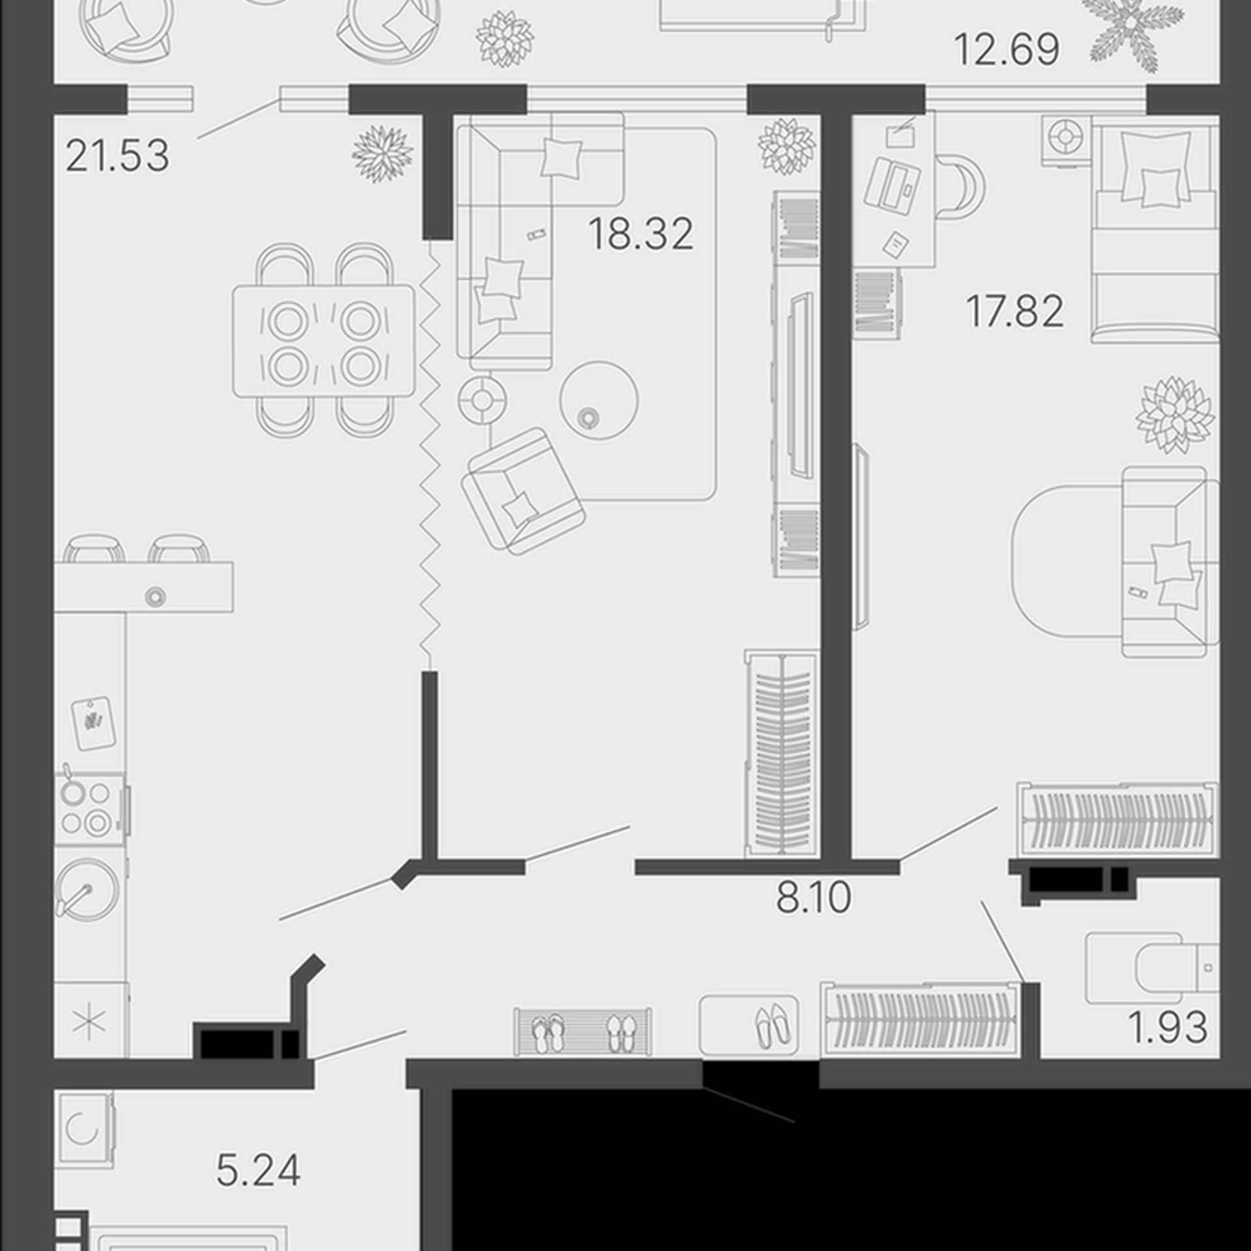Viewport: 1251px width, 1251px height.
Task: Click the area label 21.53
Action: point(117,156)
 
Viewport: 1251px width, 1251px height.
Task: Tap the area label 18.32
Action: point(641,234)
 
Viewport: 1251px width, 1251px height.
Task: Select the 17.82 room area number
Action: point(1014,311)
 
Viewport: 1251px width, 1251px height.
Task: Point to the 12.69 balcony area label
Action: point(1007,50)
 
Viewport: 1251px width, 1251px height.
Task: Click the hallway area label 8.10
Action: point(813,897)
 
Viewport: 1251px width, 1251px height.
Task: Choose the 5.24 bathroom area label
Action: point(258,1171)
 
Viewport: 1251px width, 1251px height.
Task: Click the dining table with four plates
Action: point(324,341)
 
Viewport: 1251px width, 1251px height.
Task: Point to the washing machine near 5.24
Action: point(85,1130)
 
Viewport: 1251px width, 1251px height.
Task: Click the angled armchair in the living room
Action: point(523,492)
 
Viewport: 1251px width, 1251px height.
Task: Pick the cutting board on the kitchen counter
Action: point(93,724)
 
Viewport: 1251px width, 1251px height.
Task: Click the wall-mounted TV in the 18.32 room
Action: point(801,384)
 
